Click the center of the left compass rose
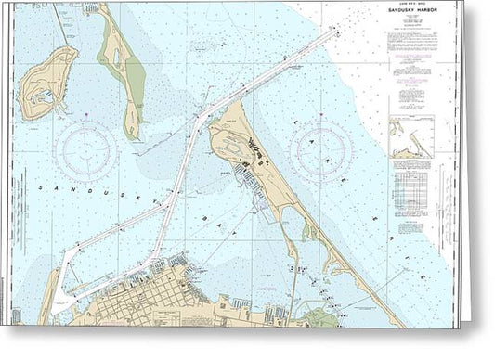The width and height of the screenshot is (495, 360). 85,149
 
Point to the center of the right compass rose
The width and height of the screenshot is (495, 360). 321,149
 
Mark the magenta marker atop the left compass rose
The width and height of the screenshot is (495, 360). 85,118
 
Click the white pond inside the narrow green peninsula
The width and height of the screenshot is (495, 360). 114,58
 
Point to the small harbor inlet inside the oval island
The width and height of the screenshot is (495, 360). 37,93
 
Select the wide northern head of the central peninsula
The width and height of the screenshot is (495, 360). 232,139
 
